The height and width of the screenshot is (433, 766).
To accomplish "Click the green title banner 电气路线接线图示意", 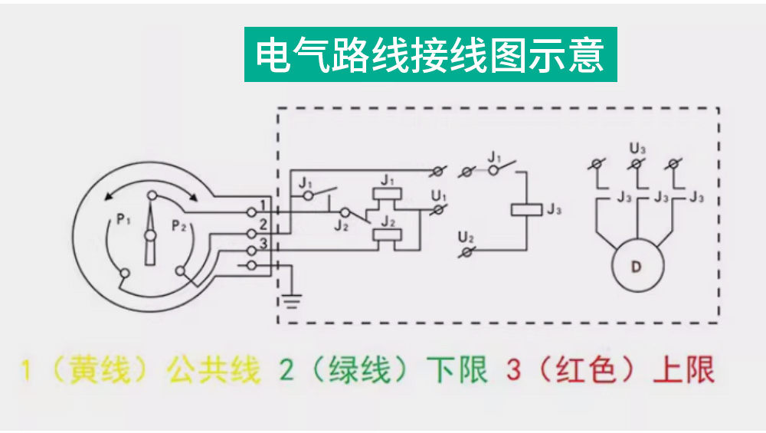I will [x=430, y=54].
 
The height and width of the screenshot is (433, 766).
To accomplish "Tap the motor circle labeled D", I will [x=636, y=267].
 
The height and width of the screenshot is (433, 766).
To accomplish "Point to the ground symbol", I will [x=291, y=300].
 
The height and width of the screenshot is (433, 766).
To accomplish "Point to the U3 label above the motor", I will [x=637, y=146].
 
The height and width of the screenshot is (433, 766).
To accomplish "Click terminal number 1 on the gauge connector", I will [x=264, y=205].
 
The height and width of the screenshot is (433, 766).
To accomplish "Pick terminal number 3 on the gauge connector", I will [x=264, y=244].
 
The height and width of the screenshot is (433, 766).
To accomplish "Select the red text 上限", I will [x=684, y=370].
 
